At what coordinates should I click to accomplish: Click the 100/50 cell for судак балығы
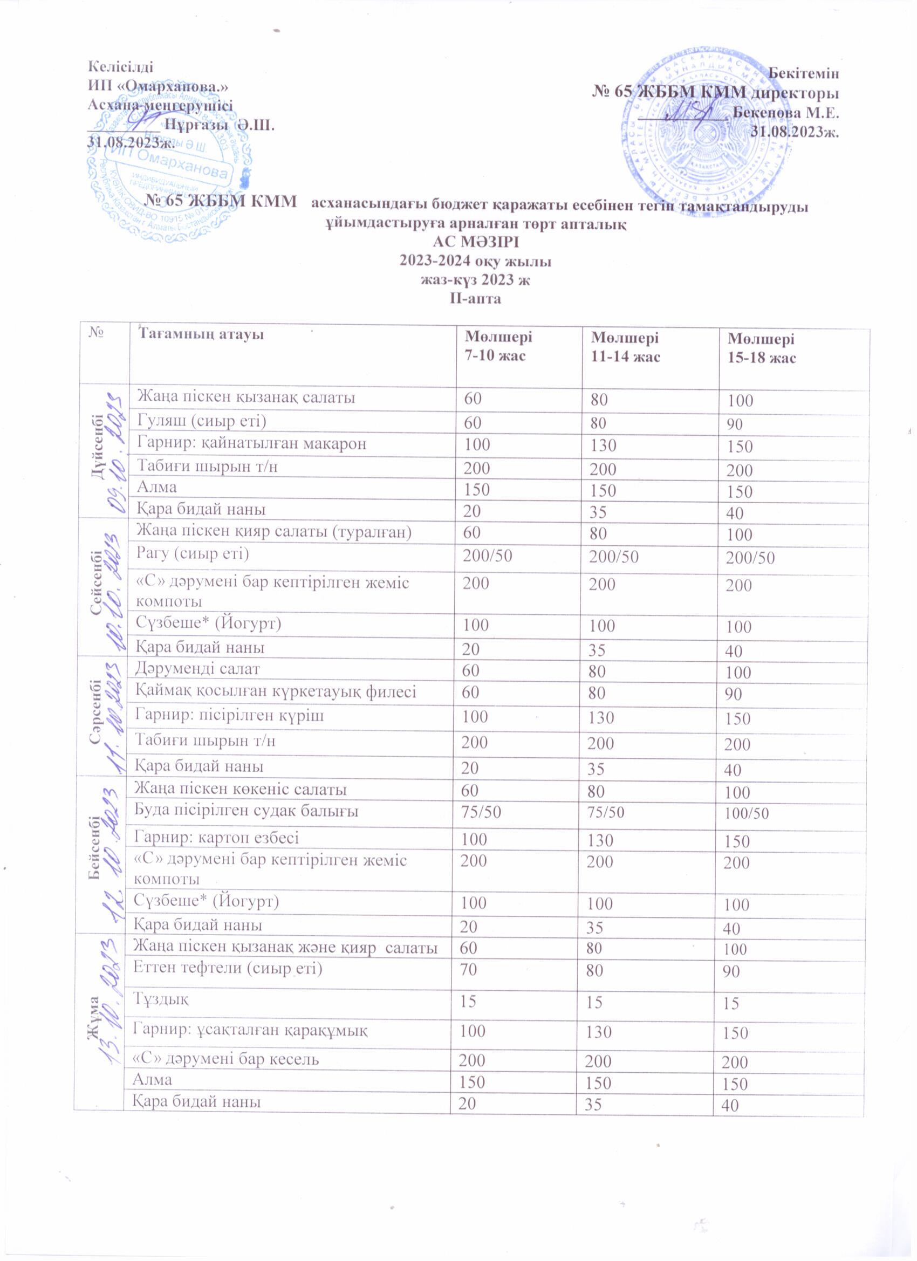747,813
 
